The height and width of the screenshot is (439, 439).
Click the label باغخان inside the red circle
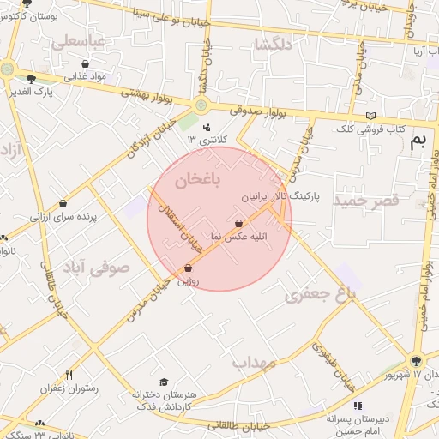point(198,180)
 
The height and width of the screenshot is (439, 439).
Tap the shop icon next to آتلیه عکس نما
point(250,224)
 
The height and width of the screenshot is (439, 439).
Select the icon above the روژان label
point(188,268)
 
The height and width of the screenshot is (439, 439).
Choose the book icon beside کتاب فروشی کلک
point(370,116)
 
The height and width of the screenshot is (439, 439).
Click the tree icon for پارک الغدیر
point(31,79)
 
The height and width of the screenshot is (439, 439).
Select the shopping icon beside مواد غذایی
point(85,63)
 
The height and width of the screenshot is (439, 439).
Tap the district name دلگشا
point(274,42)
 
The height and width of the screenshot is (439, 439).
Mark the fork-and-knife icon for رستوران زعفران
point(69,375)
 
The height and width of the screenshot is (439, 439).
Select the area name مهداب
point(254,362)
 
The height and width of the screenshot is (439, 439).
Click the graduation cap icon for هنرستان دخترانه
point(164,382)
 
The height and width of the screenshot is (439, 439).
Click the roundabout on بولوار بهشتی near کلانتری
point(201,105)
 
